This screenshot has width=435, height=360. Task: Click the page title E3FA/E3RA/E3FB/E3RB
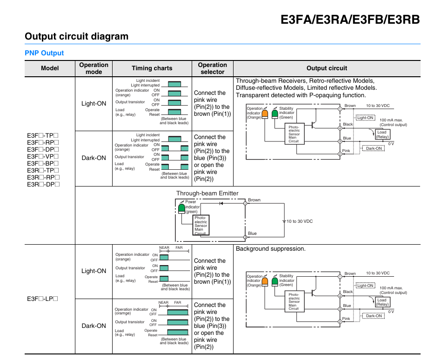[x=350, y=20]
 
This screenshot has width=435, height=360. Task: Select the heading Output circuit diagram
[x=77, y=36]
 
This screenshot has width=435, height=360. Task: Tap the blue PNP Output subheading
[x=44, y=53]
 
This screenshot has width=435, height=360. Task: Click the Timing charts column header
[x=152, y=68]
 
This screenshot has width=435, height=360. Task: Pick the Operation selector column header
[x=213, y=68]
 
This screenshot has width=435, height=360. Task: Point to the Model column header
[x=50, y=68]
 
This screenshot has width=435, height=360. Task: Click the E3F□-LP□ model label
[x=42, y=299]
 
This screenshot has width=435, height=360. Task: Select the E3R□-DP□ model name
[x=43, y=184]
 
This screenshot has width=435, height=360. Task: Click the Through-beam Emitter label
[x=207, y=193]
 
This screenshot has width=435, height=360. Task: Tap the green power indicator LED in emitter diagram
[x=182, y=208]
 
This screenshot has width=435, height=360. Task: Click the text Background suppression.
[x=270, y=249]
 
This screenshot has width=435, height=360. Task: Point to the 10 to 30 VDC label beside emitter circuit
[x=300, y=221]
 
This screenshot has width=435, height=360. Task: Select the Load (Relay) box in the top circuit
[x=382, y=134]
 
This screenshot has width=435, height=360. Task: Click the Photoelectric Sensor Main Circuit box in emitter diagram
[x=201, y=225]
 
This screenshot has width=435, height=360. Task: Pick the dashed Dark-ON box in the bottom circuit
[x=374, y=316]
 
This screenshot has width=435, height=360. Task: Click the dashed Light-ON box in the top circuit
[x=365, y=118]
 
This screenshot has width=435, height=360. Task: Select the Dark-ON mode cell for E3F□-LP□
[x=94, y=326]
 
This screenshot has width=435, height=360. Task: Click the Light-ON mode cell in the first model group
[x=94, y=104]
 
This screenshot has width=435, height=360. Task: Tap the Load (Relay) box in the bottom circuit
[x=382, y=302]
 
